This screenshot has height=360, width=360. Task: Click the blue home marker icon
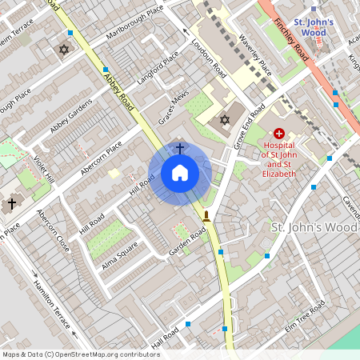180,172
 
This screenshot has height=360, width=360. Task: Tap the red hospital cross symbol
278,134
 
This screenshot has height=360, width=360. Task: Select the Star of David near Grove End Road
225,120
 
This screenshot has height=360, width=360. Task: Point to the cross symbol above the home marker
180,148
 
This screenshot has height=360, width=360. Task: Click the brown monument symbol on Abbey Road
207,215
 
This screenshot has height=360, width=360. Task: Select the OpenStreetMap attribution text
80,354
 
